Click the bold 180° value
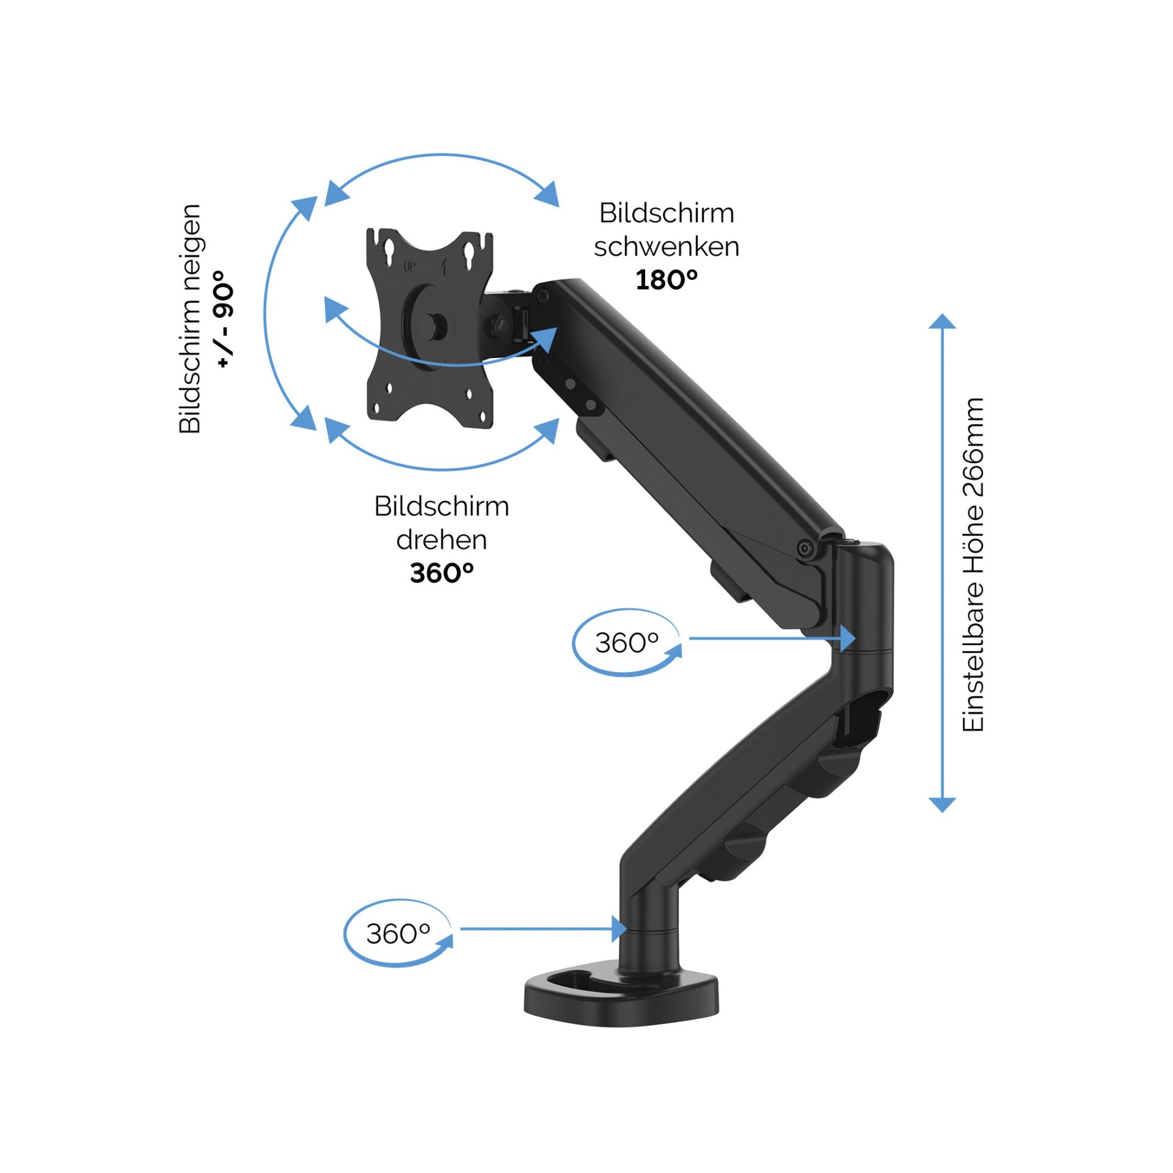(x=666, y=280)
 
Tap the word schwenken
(x=667, y=247)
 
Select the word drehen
(x=441, y=540)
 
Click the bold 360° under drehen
(x=441, y=573)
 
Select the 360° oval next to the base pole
(x=398, y=934)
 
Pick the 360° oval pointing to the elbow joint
(x=627, y=643)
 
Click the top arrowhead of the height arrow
(x=942, y=321)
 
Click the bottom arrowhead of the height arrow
(x=942, y=805)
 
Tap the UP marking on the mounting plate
(x=409, y=266)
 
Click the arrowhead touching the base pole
(x=619, y=929)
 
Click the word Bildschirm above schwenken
(x=666, y=213)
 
